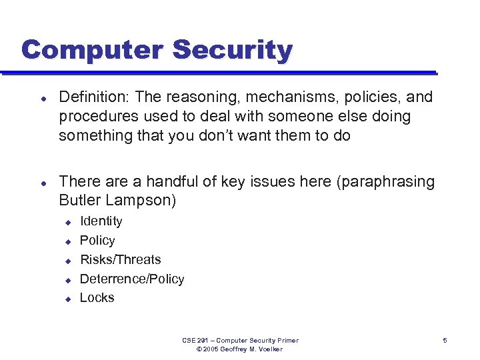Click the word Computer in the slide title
[91, 50]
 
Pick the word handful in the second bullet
[175, 181]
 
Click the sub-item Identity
[101, 221]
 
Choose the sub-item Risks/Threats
[120, 259]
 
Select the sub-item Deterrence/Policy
[132, 279]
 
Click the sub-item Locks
[97, 298]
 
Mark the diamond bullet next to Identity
[67, 222]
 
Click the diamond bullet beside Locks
[67, 299]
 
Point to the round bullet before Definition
[43, 98]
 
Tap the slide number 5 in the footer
[445, 341]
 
